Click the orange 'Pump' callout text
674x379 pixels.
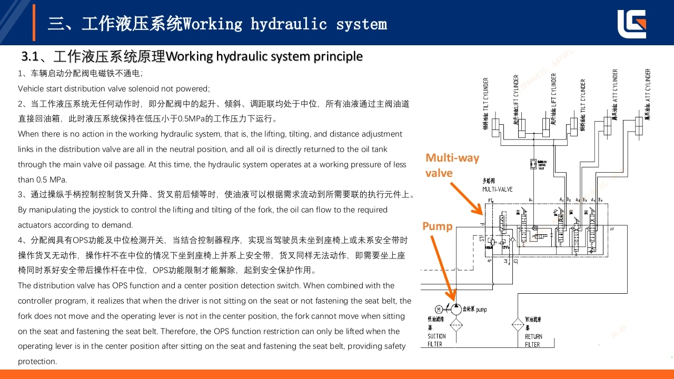[437, 226]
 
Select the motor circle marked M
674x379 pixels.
[439, 309]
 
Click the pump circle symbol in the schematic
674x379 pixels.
[456, 309]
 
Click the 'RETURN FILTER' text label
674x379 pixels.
[533, 341]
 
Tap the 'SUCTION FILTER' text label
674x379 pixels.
[437, 340]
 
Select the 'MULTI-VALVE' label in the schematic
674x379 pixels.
[497, 189]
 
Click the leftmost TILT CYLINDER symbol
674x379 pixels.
[495, 125]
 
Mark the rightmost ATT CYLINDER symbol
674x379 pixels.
[639, 125]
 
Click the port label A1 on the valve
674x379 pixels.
[531, 200]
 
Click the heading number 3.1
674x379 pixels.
[28, 56]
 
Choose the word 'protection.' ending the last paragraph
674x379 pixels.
[37, 362]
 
